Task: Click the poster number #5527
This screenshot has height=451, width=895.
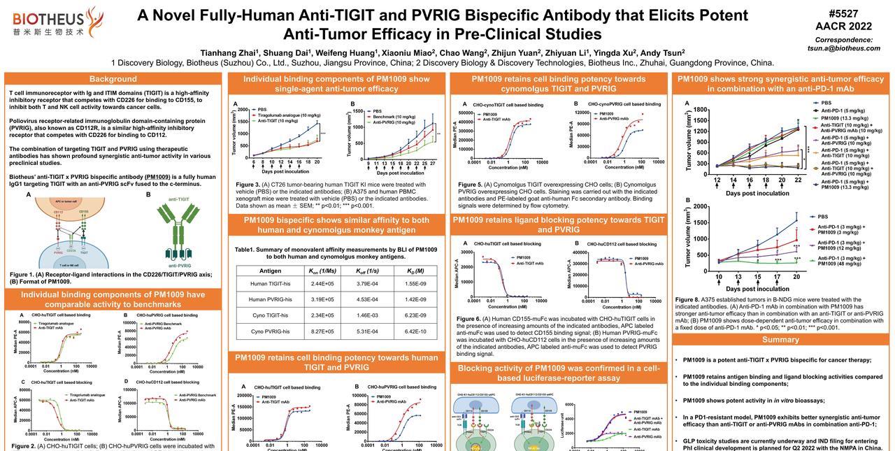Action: point(843,13)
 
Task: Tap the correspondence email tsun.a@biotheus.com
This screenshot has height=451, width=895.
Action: point(844,48)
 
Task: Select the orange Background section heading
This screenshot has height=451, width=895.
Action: point(113,79)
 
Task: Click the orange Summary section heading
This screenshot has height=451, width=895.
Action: point(780,340)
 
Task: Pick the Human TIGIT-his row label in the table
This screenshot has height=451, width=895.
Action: point(270,283)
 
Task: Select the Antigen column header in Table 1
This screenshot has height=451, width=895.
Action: point(270,271)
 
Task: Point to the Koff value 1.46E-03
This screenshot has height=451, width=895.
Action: point(367,315)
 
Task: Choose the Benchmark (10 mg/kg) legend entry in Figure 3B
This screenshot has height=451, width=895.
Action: point(394,117)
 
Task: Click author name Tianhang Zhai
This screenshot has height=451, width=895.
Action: point(229,52)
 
